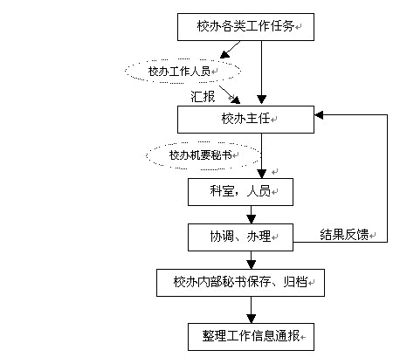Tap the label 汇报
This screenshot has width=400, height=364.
(x=203, y=96)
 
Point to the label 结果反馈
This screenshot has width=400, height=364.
(x=344, y=235)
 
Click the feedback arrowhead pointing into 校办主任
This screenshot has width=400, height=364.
(x=319, y=115)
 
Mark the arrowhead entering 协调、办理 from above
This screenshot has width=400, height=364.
(x=251, y=219)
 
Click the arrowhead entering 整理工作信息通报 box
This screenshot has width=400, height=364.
(x=251, y=319)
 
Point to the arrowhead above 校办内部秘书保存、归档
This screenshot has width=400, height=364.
(x=251, y=264)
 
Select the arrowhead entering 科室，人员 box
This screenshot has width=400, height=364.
(x=261, y=174)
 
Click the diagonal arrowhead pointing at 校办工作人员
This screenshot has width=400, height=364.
(x=224, y=54)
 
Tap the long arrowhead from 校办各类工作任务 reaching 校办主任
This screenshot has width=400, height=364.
(x=261, y=100)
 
